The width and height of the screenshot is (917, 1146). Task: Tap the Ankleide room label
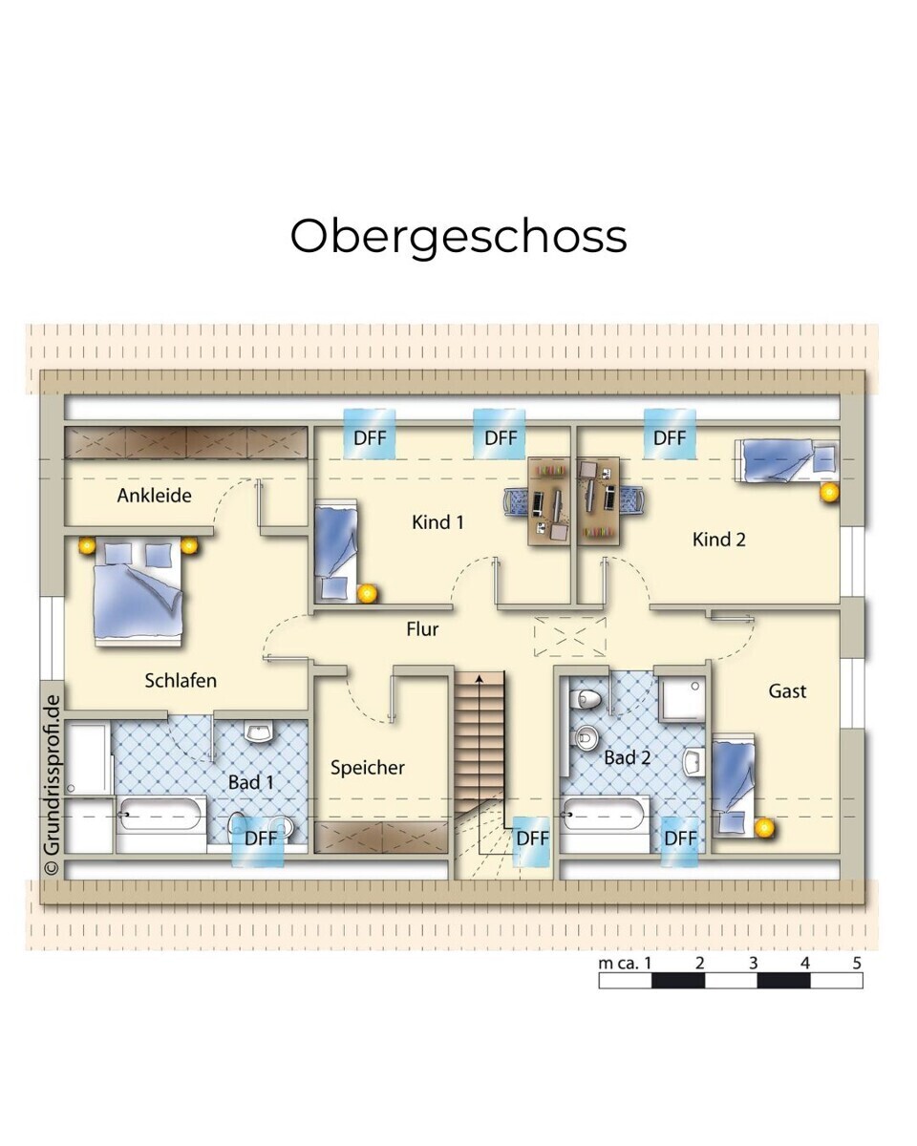click(x=154, y=496)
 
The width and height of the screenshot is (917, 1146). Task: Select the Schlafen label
click(x=181, y=681)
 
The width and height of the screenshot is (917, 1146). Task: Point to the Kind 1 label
click(x=437, y=522)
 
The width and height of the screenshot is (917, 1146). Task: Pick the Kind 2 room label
click(x=718, y=540)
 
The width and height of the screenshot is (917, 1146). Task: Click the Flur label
click(x=422, y=629)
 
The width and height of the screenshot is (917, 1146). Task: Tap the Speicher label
click(x=367, y=768)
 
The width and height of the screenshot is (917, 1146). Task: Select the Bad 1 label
click(x=250, y=782)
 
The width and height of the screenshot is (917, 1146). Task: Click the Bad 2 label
click(x=628, y=757)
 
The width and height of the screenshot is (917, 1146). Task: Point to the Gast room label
click(x=787, y=691)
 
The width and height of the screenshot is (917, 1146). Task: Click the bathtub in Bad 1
click(x=160, y=814)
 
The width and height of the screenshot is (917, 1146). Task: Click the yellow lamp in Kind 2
click(x=829, y=493)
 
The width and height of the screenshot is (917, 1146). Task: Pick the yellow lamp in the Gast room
click(x=764, y=828)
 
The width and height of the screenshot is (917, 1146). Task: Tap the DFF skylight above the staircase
click(x=532, y=841)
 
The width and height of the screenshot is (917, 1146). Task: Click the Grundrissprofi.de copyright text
click(x=53, y=784)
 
